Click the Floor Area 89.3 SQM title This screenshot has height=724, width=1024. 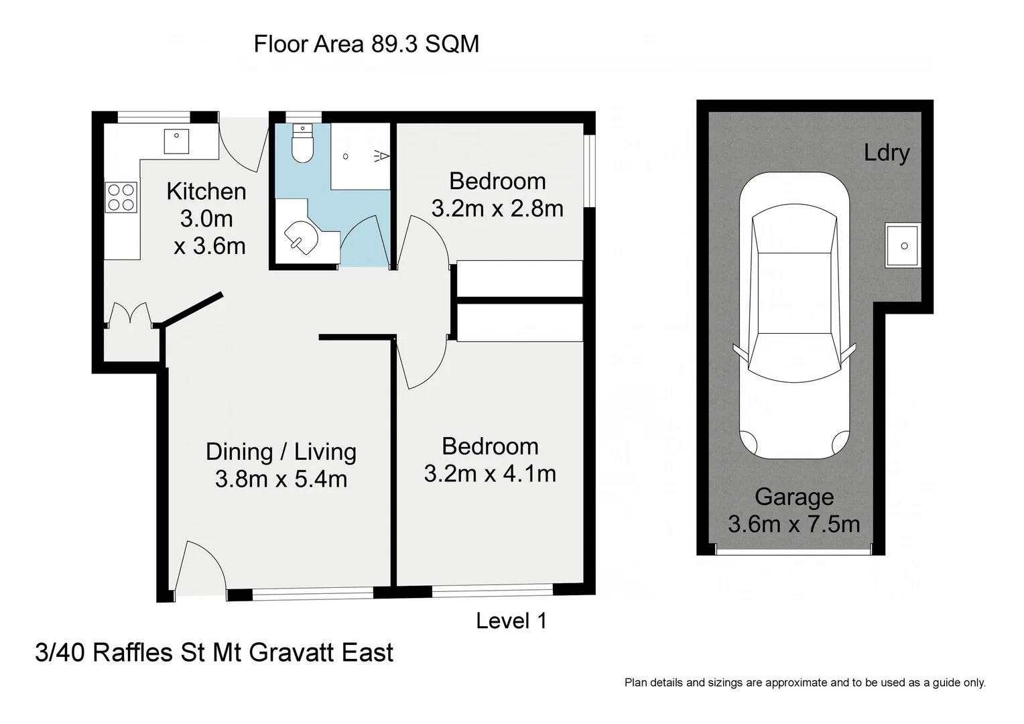[x=366, y=44]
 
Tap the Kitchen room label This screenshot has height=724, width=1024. [x=206, y=192]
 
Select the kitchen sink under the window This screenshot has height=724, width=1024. [x=177, y=141]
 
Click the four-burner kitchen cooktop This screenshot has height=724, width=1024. [x=121, y=198]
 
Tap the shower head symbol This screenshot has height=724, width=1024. [x=381, y=156]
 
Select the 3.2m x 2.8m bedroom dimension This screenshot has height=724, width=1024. [x=497, y=209]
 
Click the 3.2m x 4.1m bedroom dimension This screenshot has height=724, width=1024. [x=490, y=474]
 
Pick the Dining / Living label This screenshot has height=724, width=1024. [x=281, y=452]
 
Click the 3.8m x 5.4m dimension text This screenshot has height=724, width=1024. [x=281, y=479]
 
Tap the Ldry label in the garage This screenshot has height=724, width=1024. [x=886, y=153]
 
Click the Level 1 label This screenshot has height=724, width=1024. [x=511, y=621]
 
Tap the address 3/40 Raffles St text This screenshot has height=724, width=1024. [x=214, y=652]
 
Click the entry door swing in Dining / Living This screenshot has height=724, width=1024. [x=198, y=567]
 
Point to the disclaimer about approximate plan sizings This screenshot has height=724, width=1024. [x=805, y=683]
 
